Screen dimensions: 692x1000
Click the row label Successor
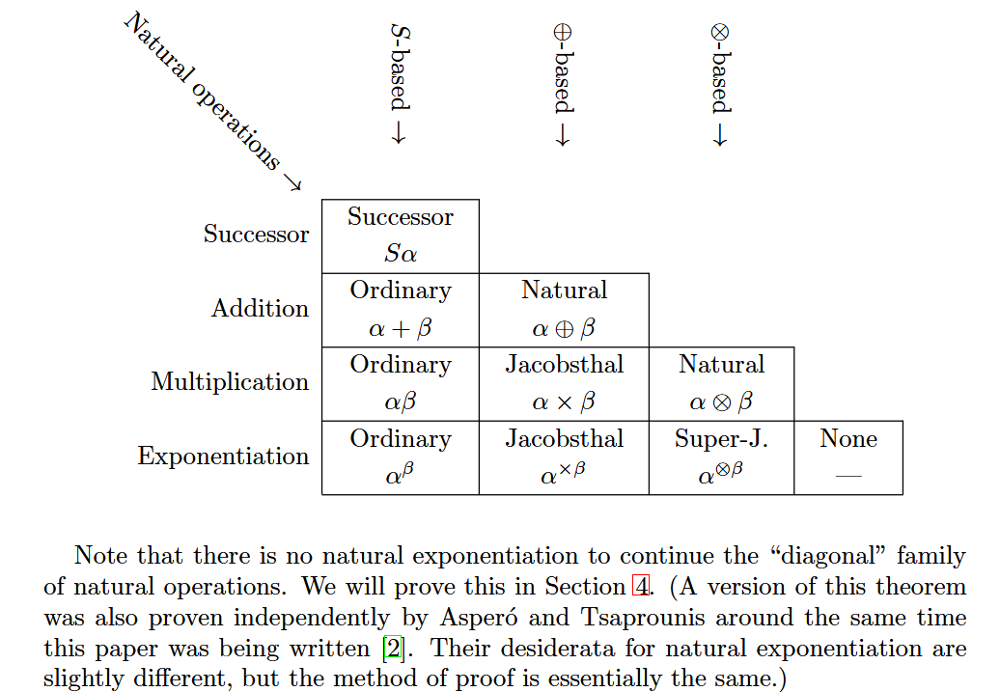click(256, 235)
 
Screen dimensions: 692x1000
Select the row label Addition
click(261, 309)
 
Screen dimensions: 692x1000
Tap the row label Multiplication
click(230, 382)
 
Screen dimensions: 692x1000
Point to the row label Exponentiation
click(223, 457)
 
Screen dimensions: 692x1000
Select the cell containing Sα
click(400, 236)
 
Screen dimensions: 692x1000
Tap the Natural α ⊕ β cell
click(564, 310)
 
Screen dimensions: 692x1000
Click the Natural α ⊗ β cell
click(721, 384)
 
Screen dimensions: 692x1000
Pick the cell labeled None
click(848, 457)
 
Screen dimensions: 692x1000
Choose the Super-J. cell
click(721, 457)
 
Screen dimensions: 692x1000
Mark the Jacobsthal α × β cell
click(564, 384)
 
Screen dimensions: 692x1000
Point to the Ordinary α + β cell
click(400, 310)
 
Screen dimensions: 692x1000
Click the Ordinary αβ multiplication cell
click(400, 384)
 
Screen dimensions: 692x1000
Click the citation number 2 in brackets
click(393, 647)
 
